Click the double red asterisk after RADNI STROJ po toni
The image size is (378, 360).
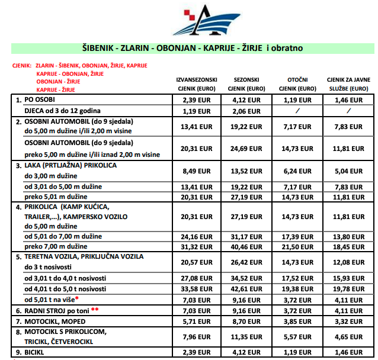[94, 309]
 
